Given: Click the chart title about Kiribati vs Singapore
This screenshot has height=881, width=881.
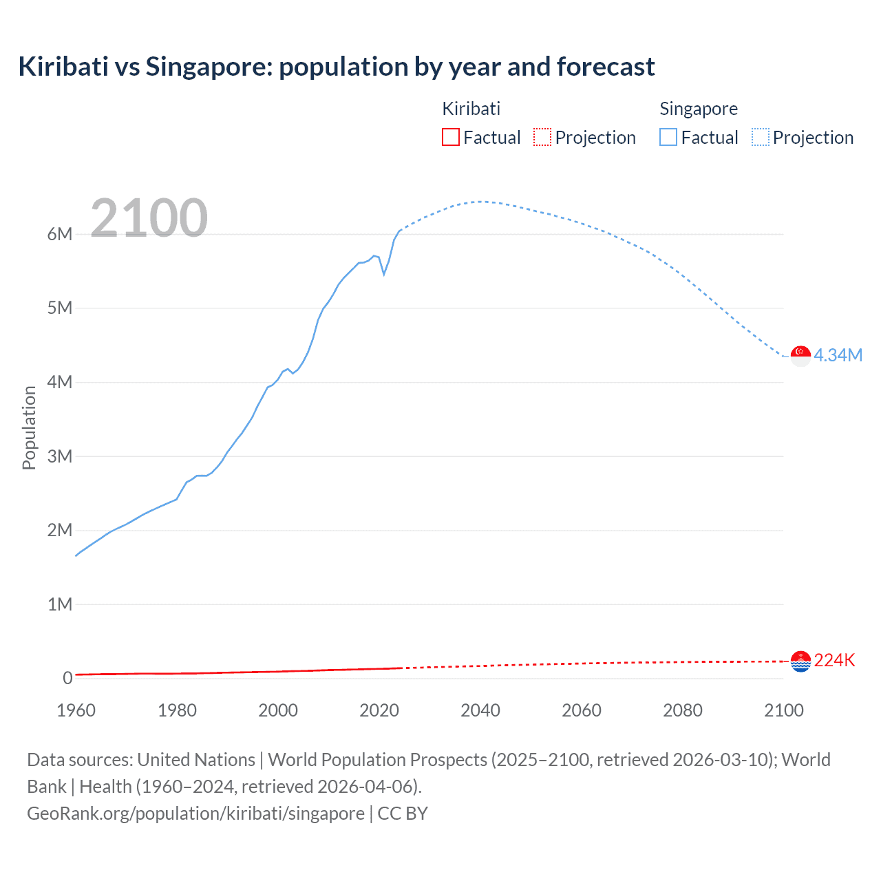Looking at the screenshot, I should [337, 67].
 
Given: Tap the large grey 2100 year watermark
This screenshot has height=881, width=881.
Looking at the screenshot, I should [149, 218].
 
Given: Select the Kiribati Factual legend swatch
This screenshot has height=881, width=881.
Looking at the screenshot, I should [450, 137].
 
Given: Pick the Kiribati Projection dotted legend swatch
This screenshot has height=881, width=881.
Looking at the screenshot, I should [542, 137].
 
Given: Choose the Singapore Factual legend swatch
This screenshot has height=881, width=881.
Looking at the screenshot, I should [668, 137].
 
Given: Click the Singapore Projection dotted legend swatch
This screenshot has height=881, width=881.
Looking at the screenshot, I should [760, 137].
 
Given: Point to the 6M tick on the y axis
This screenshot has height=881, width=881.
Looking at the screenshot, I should [60, 234].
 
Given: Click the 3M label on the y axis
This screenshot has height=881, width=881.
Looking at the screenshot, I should [60, 456].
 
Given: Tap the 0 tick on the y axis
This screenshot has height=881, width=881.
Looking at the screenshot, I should [67, 678].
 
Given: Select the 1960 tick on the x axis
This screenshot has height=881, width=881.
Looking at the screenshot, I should [76, 710].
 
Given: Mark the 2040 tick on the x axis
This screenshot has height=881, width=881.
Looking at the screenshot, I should [480, 710].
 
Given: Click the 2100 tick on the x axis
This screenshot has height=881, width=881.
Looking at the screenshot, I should [783, 710].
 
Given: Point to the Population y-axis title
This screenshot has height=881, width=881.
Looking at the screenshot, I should [29, 427].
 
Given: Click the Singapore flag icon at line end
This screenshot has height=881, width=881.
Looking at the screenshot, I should [800, 356].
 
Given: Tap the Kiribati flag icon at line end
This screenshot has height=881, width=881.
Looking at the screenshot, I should [800, 661].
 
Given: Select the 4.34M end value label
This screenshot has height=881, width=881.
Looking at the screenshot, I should [838, 355].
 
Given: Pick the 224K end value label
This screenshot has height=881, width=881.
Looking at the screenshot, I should [834, 661].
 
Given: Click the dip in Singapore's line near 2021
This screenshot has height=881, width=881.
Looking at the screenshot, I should [384, 274].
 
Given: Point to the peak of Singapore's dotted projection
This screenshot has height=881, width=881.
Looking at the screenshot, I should [480, 202].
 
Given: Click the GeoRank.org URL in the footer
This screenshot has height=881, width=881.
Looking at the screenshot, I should [195, 814].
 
